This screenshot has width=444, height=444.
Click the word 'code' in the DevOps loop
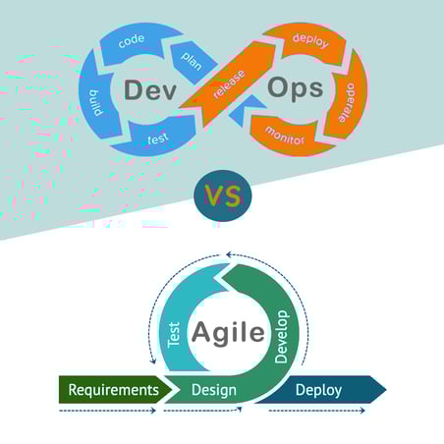pos(132,41)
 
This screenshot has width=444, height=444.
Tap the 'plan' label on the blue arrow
pos(192,61)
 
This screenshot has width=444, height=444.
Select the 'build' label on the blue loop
pos(96,102)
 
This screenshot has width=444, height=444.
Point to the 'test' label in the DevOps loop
pos(158,139)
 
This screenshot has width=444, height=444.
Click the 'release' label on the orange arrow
pos(229,84)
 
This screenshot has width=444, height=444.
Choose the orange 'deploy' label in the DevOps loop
pos(310,40)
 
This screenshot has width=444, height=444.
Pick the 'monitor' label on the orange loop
pos(285,136)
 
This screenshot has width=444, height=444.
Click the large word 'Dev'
pos(150,90)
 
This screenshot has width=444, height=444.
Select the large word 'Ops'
pos(296,88)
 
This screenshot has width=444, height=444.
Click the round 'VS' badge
pos(223,195)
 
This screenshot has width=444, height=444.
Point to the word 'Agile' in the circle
pos(228,333)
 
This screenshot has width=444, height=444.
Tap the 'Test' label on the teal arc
pos(174,334)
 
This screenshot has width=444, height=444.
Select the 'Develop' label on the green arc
pos(281,337)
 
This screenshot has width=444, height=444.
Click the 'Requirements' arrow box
pos(116,390)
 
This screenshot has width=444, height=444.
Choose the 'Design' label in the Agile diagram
pos(214,390)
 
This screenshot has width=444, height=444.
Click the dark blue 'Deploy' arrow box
pos(321,390)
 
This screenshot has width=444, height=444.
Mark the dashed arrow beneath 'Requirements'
pos(107,411)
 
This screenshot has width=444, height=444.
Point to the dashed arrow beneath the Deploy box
pos(316,411)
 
